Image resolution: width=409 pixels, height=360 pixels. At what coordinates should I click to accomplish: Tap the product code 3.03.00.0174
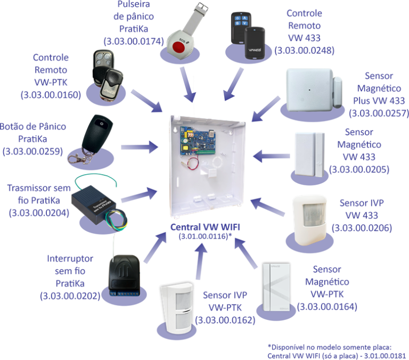point(133,41)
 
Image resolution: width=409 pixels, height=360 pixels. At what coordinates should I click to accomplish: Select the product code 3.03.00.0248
point(304,51)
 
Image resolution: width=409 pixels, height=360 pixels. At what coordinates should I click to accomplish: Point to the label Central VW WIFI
point(204,227)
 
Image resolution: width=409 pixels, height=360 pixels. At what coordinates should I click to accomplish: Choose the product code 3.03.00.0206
point(362,228)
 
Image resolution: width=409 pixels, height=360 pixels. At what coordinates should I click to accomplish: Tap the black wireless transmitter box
point(95,204)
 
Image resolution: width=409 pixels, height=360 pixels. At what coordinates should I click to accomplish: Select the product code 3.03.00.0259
point(32,151)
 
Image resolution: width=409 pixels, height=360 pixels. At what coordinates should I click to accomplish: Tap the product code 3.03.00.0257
point(378,112)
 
